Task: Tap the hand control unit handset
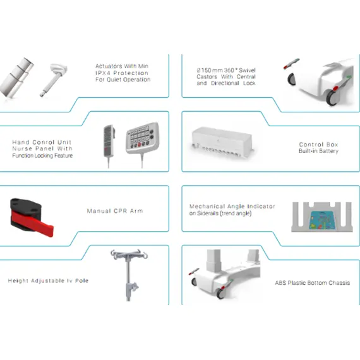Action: (109, 141)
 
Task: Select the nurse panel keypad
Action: (143, 137)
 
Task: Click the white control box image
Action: (222, 142)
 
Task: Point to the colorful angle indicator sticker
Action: (322, 220)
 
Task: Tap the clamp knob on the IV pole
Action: (135, 287)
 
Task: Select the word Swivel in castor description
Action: (247, 70)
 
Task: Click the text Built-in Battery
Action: (318, 151)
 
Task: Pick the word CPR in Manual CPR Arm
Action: (118, 211)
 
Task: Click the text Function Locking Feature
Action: (42, 155)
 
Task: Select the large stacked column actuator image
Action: (16, 77)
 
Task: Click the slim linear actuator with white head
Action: (54, 79)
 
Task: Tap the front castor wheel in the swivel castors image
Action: (332, 97)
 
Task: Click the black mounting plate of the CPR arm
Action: (25, 206)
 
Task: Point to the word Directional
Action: (225, 83)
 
